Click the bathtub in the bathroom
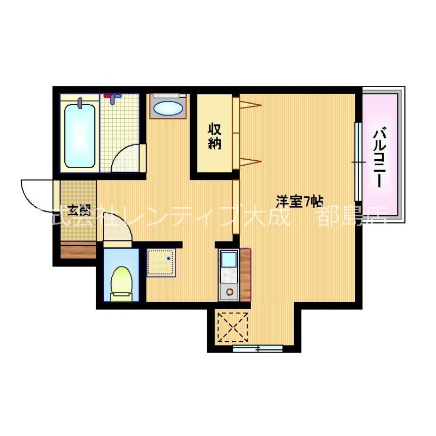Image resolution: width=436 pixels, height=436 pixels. click(80, 135)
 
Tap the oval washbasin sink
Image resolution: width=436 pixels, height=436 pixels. click(168, 107)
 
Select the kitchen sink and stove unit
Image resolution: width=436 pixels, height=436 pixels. click(228, 275)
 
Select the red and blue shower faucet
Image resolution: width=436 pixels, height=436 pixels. click(113, 98)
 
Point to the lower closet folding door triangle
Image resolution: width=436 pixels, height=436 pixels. click(247, 160)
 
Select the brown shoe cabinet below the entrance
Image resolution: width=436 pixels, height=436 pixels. click(78, 252)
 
